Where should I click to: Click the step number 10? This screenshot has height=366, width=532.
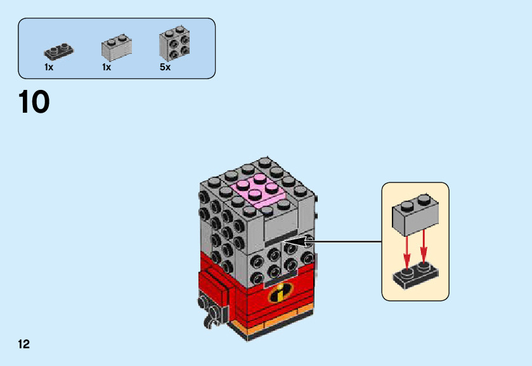click(34, 103)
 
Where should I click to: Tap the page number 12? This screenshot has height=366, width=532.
click(24, 344)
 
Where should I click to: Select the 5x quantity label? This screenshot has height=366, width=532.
click(165, 67)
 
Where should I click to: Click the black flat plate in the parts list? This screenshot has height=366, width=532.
click(58, 49)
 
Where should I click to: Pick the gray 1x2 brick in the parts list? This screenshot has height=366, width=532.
click(116, 47)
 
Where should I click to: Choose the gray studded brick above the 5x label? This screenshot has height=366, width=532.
click(175, 44)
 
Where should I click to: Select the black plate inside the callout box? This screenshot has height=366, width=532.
click(415, 275)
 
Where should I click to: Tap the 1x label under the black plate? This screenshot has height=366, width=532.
click(49, 67)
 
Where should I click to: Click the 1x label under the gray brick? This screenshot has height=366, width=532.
click(107, 67)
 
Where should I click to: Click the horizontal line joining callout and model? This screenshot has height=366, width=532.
click(346, 241)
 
